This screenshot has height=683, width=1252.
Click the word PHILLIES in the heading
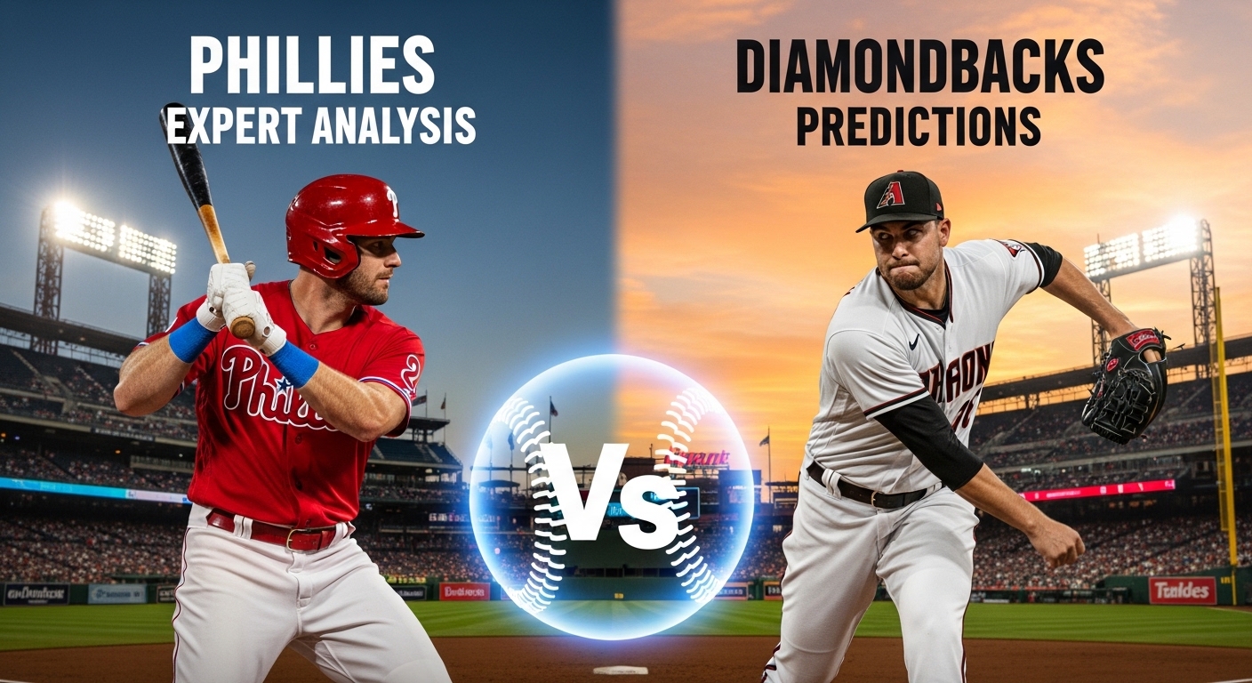coord(312,68)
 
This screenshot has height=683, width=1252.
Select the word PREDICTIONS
coord(919,126)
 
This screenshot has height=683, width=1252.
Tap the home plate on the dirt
coord(620,669)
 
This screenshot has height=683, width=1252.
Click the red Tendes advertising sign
coord(1182,591)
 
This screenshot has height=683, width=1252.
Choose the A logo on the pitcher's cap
coord(891,193)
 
